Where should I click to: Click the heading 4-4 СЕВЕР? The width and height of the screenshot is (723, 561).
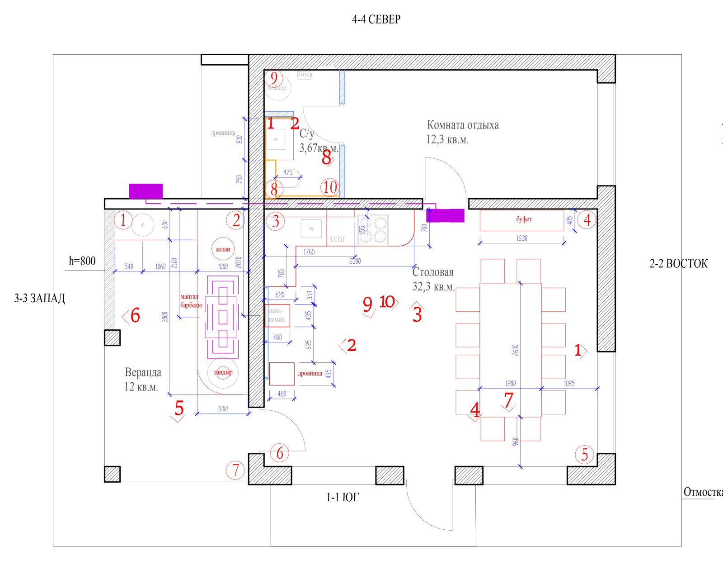(376, 19)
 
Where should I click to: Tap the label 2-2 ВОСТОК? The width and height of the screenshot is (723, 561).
(678, 263)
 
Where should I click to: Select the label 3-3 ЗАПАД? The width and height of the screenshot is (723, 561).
(39, 298)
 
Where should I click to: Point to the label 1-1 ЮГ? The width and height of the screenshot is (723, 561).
(342, 497)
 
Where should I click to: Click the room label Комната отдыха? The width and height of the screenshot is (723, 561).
(463, 125)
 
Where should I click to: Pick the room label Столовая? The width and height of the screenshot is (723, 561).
(432, 272)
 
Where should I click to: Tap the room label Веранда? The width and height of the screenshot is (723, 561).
(143, 372)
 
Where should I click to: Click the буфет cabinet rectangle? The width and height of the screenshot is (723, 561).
(522, 220)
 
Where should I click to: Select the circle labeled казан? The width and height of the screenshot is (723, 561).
(223, 249)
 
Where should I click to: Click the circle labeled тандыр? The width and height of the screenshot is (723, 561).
(223, 373)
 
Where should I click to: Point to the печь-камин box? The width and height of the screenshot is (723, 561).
(277, 315)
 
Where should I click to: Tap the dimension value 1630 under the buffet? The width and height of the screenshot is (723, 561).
(521, 238)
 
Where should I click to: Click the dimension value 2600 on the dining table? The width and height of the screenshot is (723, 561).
(516, 350)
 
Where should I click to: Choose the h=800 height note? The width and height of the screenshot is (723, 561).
(82, 261)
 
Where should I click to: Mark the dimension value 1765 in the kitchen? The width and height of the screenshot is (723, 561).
(309, 252)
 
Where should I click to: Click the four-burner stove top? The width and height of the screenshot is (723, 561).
(373, 230)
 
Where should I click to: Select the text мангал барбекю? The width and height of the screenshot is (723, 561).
(191, 301)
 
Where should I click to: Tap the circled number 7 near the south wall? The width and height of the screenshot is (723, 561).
(235, 470)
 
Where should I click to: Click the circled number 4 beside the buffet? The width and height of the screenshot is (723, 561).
(587, 220)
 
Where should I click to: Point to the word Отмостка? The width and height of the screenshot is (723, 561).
(703, 492)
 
